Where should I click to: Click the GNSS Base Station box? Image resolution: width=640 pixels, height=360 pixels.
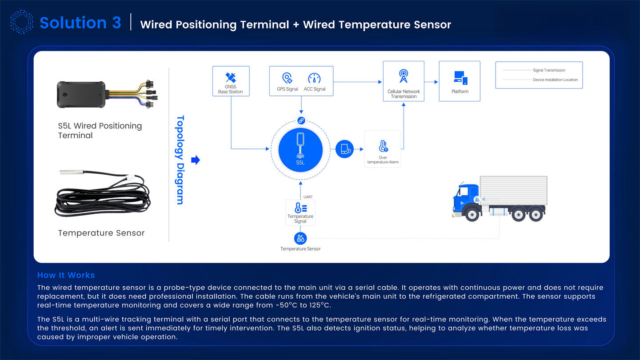pos(231,81)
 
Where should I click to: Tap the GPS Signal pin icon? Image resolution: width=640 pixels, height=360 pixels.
pos(287,78)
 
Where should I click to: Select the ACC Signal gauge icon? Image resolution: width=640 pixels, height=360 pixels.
pos(315,78)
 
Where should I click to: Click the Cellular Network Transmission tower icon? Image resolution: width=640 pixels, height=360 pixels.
pos(403,76)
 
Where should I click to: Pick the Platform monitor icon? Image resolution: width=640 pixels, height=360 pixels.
pos(460,78)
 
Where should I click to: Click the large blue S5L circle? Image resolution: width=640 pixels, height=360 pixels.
pos(300,149)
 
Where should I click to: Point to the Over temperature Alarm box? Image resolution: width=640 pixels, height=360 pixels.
pos(383,148)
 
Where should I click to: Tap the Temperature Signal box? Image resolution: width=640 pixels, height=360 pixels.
pos(300,212)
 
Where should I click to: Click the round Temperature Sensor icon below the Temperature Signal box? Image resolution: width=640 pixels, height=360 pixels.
pos(300,239)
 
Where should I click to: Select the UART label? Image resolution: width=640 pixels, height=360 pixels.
pos(308,197)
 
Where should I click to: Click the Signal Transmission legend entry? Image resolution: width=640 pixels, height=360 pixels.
pos(549,70)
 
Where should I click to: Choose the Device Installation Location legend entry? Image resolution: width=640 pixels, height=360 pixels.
pos(555,80)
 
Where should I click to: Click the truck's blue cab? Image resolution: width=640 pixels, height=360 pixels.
pos(465,198)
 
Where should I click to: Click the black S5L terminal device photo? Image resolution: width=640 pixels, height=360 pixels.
pos(82,94)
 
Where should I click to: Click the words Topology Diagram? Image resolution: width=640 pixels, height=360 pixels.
pos(180,160)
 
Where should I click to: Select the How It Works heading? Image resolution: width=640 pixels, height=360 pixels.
pos(66,275)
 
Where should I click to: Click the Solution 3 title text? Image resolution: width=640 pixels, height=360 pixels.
pos(80,23)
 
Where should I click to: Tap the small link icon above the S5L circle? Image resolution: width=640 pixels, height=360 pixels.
pos(300,120)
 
